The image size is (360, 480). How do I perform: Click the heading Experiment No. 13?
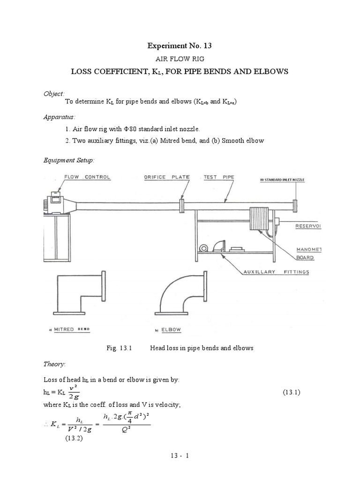180,46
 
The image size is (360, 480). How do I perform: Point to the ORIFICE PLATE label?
167,177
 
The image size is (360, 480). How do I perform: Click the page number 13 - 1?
180,455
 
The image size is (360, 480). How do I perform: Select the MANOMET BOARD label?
305,253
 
